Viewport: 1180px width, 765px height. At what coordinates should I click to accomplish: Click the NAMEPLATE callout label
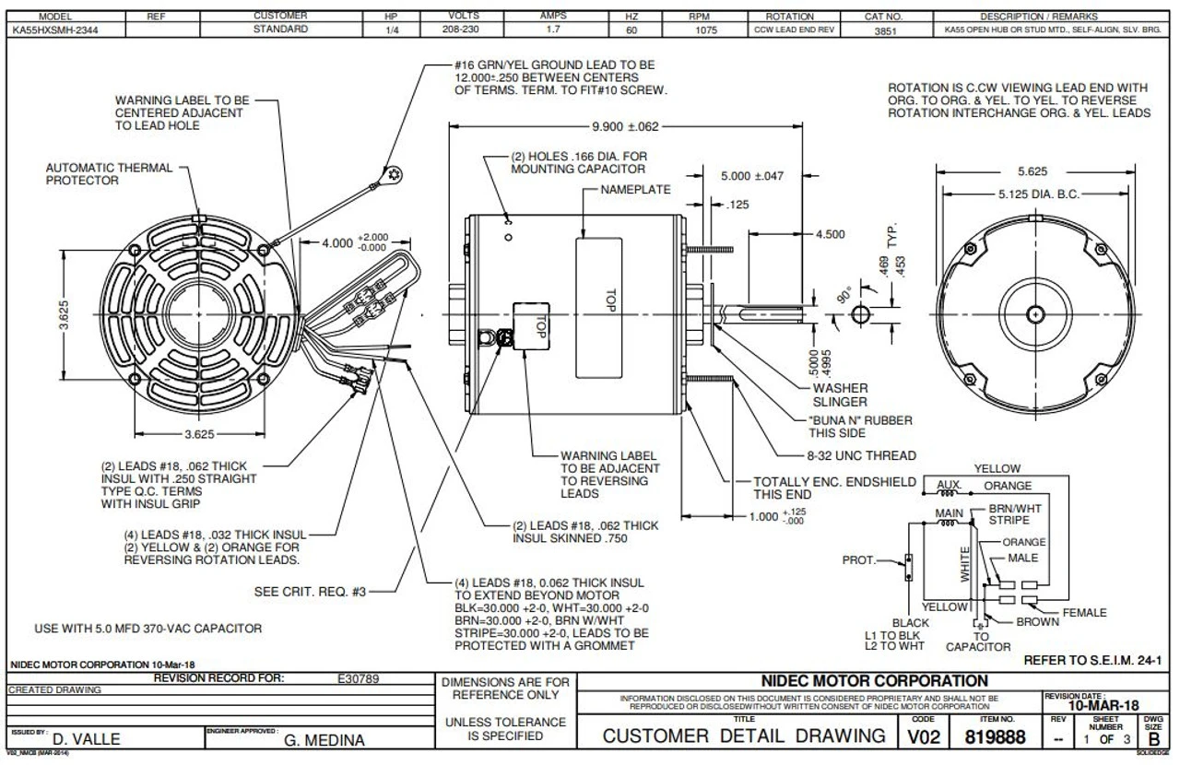point(636,189)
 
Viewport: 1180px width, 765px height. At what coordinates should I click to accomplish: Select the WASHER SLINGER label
point(839,394)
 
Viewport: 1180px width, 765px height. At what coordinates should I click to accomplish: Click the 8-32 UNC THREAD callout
point(862,455)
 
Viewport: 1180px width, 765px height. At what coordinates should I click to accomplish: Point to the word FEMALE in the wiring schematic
point(1084,612)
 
